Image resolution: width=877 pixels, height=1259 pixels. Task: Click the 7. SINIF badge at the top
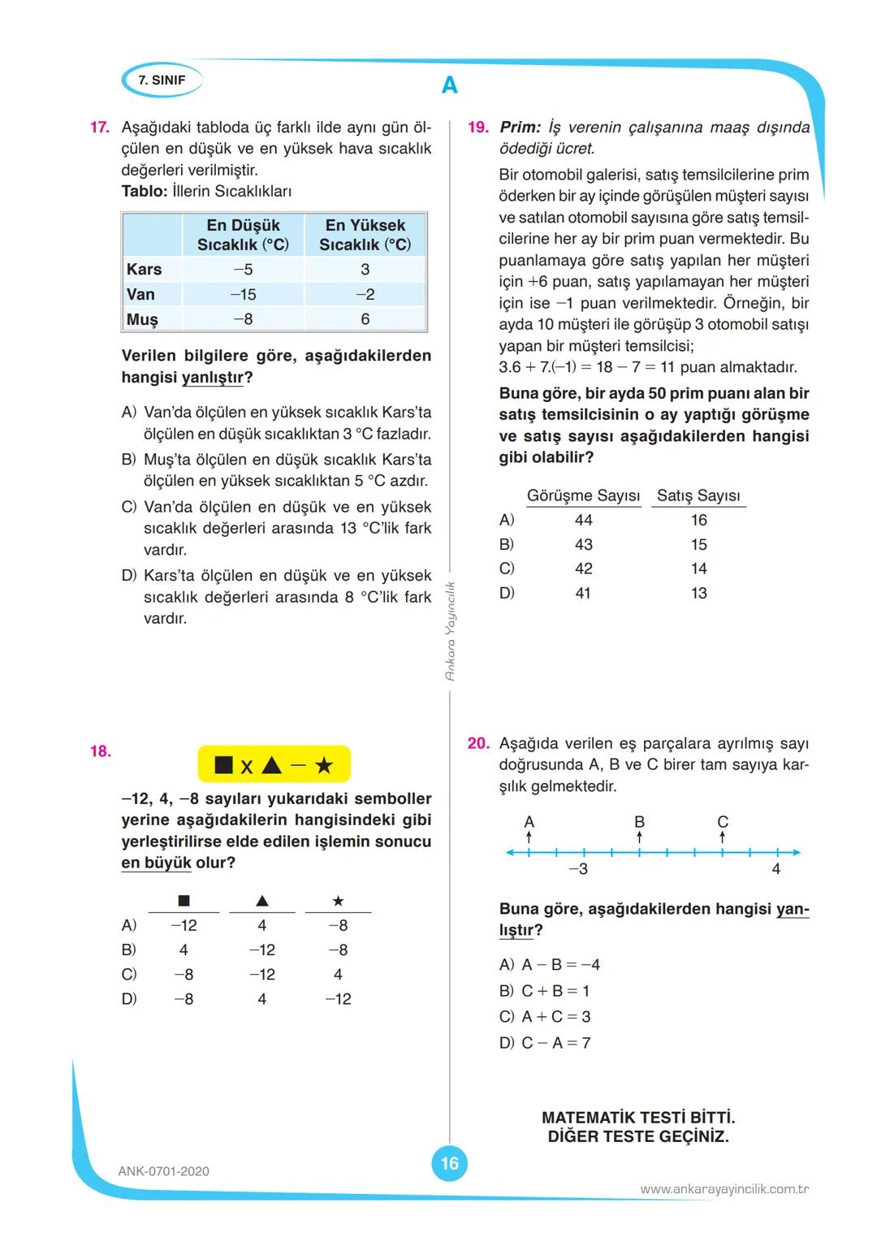[162, 80]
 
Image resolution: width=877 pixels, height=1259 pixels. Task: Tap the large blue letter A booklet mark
[449, 85]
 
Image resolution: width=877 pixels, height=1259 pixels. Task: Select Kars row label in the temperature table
[145, 270]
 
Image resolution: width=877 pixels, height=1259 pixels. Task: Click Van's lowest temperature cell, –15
[243, 295]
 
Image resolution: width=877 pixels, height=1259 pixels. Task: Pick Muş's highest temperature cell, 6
[365, 320]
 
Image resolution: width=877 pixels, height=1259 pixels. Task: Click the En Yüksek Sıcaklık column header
[365, 235]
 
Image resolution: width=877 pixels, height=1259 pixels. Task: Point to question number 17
[99, 128]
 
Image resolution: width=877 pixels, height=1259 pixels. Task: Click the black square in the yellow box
[224, 765]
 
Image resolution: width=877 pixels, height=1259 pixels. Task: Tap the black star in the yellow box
[324, 765]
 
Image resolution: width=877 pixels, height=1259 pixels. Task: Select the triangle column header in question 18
[261, 901]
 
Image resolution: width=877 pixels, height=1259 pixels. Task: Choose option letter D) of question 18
[129, 999]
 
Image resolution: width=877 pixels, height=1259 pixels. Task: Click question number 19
[478, 128]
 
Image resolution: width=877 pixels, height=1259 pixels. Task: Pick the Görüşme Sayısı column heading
[583, 495]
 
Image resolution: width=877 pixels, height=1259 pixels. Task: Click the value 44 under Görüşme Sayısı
[583, 520]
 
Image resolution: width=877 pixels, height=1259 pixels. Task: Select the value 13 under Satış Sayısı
[699, 594]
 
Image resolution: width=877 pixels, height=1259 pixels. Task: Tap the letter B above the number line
[639, 822]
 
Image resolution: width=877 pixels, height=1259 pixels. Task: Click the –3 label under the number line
[578, 870]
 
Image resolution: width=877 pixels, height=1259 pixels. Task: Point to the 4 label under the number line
[776, 870]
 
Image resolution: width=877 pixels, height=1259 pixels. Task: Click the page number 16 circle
[449, 1164]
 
